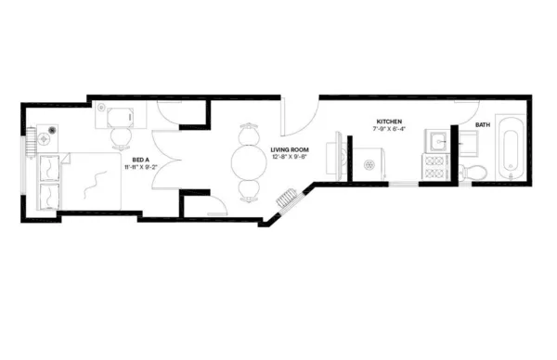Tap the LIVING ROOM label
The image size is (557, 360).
pos(290,148)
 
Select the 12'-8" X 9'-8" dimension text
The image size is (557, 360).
pos(290,157)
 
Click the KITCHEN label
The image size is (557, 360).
pos(389,122)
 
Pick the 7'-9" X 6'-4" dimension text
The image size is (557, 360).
pos(389,130)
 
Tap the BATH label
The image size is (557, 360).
pos(483,124)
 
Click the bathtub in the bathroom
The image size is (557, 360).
pos(510,148)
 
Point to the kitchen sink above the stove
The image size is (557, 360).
pos(436,141)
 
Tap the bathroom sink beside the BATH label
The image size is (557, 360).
pos(467,141)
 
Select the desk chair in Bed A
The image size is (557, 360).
pos(121,136)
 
